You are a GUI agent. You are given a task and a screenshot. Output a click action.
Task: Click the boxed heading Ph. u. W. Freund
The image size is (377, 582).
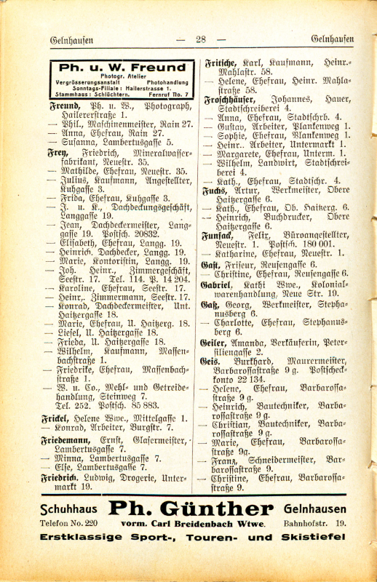[122, 68]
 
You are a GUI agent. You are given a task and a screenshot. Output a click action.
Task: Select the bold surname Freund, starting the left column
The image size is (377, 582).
[64, 105]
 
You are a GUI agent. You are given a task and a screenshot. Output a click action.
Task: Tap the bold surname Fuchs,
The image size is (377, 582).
[215, 191]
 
